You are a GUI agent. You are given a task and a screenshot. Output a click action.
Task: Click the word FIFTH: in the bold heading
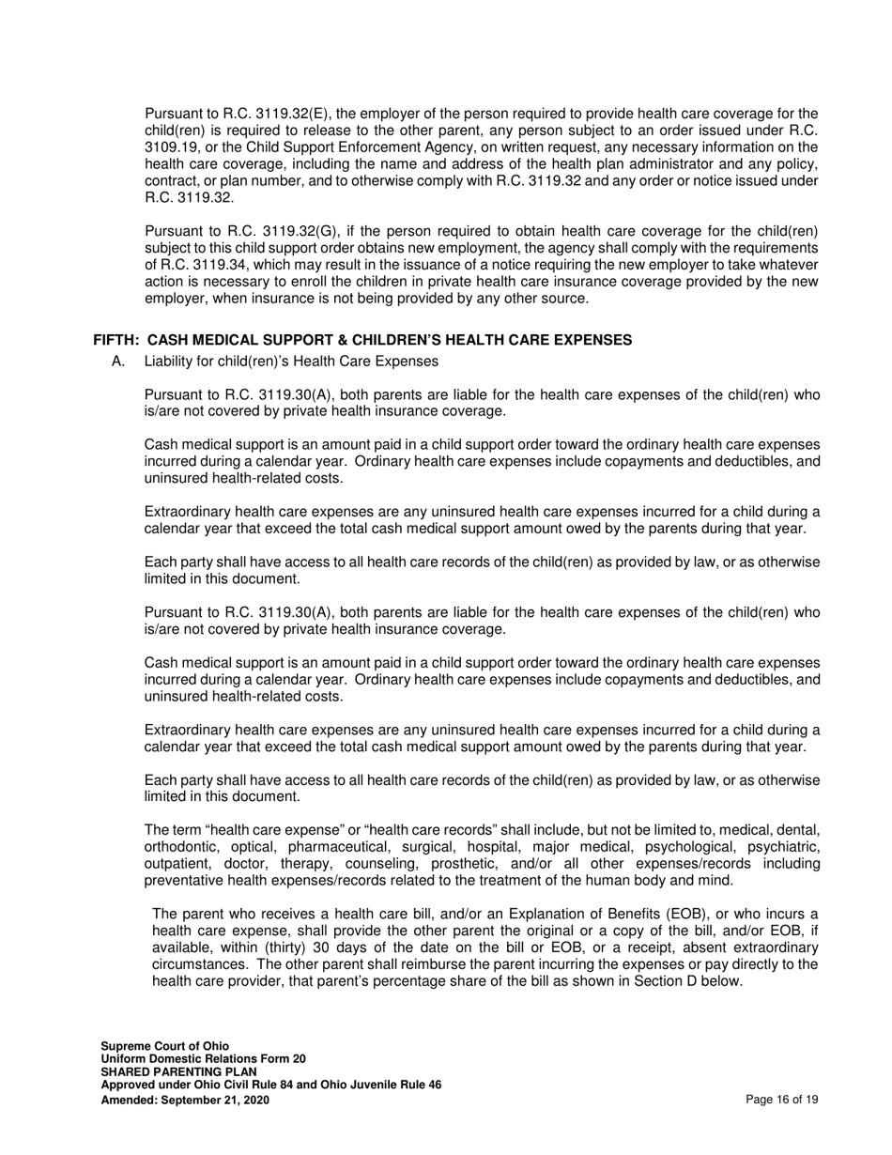click(116, 340)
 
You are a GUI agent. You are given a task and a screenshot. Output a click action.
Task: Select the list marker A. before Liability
click(118, 362)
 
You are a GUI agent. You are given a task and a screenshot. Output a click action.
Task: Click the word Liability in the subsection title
click(171, 362)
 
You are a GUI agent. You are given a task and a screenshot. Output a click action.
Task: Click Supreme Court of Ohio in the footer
click(164, 1045)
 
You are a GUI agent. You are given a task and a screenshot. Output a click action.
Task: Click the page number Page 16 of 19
click(781, 1099)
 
